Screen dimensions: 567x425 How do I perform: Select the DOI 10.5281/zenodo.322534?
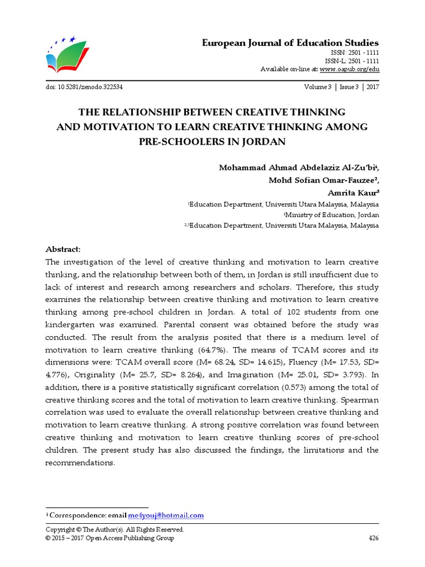pyautogui.click(x=84, y=87)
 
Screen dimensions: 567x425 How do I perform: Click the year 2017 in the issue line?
pyautogui.click(x=370, y=87)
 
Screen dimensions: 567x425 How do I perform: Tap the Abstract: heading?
pyautogui.click(x=63, y=249)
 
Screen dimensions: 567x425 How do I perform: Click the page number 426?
pyautogui.click(x=374, y=538)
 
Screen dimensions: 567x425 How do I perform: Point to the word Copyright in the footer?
pyautogui.click(x=61, y=530)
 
